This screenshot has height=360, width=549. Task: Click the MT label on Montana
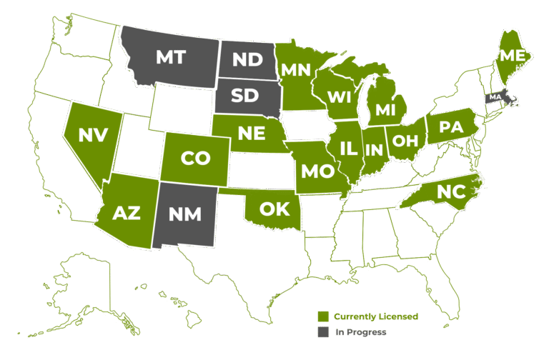171,58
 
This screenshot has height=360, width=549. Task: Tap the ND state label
247,60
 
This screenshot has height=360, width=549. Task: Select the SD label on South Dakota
244,96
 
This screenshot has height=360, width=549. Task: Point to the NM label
185,213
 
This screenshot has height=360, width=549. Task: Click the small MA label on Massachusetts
495,97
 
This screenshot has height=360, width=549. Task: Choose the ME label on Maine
512,55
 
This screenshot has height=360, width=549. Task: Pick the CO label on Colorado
195,159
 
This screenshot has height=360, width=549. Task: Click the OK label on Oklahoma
274,209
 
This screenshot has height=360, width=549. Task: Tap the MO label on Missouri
317,171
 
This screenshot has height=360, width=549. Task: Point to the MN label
295,70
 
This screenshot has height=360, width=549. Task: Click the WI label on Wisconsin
340,96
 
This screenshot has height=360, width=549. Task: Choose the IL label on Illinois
349,149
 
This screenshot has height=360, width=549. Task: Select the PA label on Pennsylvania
451,127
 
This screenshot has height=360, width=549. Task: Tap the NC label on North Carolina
450,191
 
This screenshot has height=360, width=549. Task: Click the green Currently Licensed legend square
323,316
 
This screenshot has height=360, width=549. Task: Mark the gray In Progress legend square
323,332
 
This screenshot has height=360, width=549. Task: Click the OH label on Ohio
405,140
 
